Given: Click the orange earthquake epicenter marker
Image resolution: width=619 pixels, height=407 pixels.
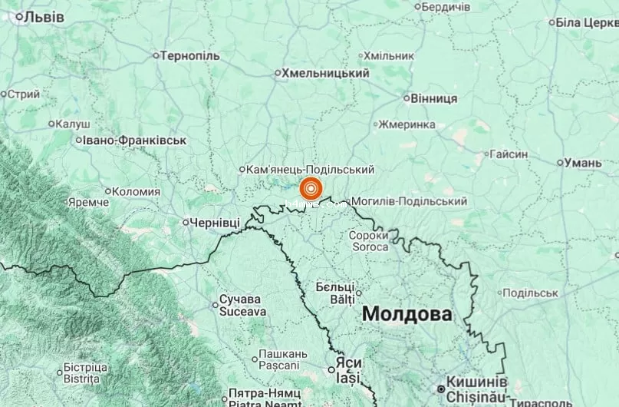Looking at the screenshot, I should (311, 188).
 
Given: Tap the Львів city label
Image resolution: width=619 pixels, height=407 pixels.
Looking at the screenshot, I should (44, 16).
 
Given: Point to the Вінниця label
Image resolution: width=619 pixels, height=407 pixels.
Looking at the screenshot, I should (434, 98).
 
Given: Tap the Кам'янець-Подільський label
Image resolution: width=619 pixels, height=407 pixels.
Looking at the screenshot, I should (311, 169).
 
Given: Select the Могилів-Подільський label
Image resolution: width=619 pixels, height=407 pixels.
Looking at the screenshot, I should (409, 201).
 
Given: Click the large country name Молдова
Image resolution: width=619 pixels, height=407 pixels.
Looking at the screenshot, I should (407, 313).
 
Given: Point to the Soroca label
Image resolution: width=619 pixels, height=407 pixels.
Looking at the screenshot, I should (369, 247).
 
